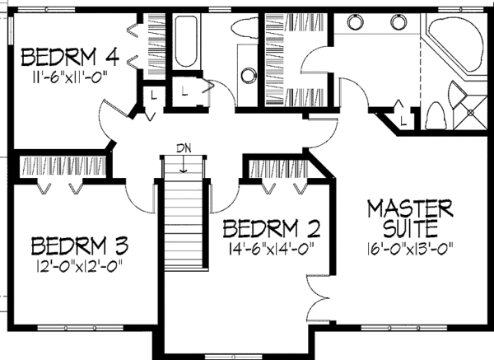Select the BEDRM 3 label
[x=82, y=245]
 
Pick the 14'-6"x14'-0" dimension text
[x=271, y=246]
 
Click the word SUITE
[x=409, y=226]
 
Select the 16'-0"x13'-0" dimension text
[x=409, y=246]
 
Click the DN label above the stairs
[x=184, y=148]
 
